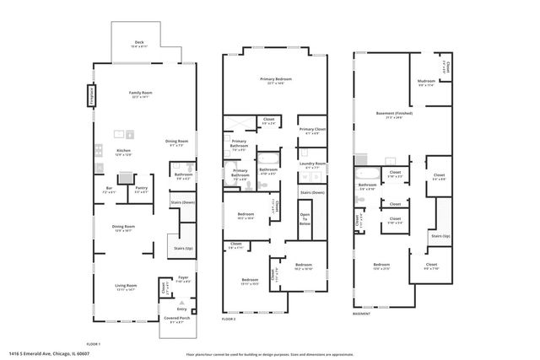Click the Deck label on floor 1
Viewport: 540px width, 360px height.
tap(140, 44)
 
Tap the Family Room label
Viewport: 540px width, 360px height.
tap(140, 94)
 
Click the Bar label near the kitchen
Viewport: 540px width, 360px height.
tap(109, 189)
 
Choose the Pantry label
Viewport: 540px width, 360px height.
tap(141, 190)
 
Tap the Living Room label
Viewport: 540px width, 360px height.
tap(126, 287)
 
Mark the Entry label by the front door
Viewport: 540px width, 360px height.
tap(181, 309)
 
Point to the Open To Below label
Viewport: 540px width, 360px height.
tap(305, 219)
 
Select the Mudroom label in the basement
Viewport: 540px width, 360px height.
tap(426, 83)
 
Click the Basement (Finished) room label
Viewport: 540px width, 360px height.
tap(393, 115)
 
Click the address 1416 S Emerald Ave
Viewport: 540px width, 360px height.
tap(50, 355)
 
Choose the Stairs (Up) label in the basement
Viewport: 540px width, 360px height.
tap(440, 237)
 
